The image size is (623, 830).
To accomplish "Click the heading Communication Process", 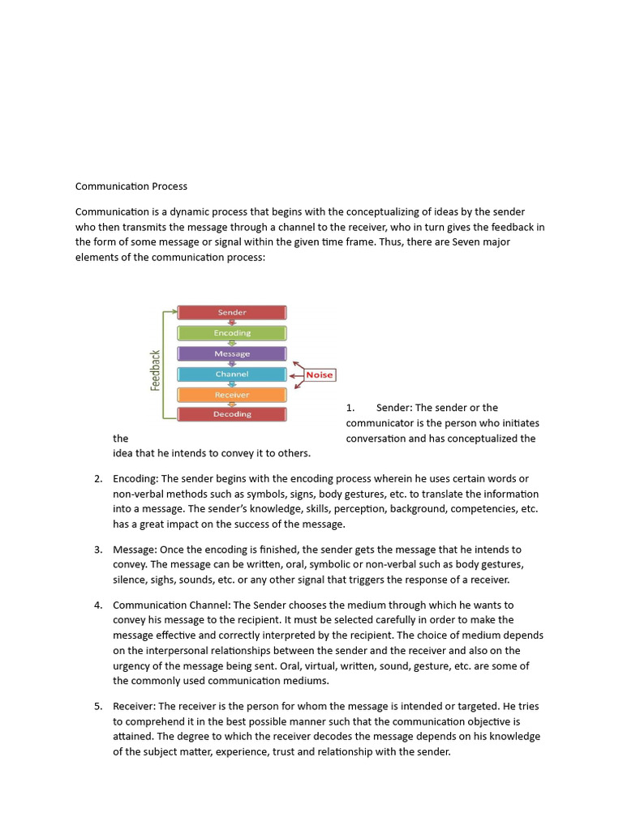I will coord(131,186).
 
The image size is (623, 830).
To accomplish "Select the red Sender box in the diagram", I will coord(232,312).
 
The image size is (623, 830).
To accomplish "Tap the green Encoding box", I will coord(232,332).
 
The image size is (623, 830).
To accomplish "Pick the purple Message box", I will coord(232,353).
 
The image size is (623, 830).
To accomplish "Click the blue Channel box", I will coord(232,374).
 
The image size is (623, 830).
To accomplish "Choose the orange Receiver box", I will coord(232,395).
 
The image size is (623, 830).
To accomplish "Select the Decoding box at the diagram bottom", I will coord(232,414).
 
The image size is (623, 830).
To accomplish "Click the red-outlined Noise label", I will coord(320,375).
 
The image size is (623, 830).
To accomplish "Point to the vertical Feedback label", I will coord(156,370).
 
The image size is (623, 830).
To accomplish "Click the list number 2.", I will coord(98,479).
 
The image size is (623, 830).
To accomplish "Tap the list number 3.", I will coord(98,550).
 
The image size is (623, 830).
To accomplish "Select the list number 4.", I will coord(98,605).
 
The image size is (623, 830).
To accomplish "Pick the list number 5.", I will coord(98,706).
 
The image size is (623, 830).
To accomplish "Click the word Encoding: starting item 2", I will coord(135,479).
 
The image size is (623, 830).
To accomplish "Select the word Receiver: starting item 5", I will coord(135,706).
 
